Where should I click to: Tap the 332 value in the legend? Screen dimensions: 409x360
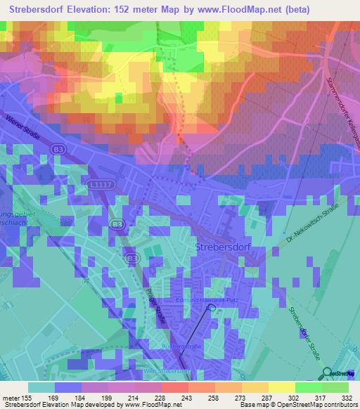pos(346,398)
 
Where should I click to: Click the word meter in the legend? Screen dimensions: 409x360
pos(13,398)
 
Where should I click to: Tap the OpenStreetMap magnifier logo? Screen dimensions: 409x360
pos(327,373)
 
